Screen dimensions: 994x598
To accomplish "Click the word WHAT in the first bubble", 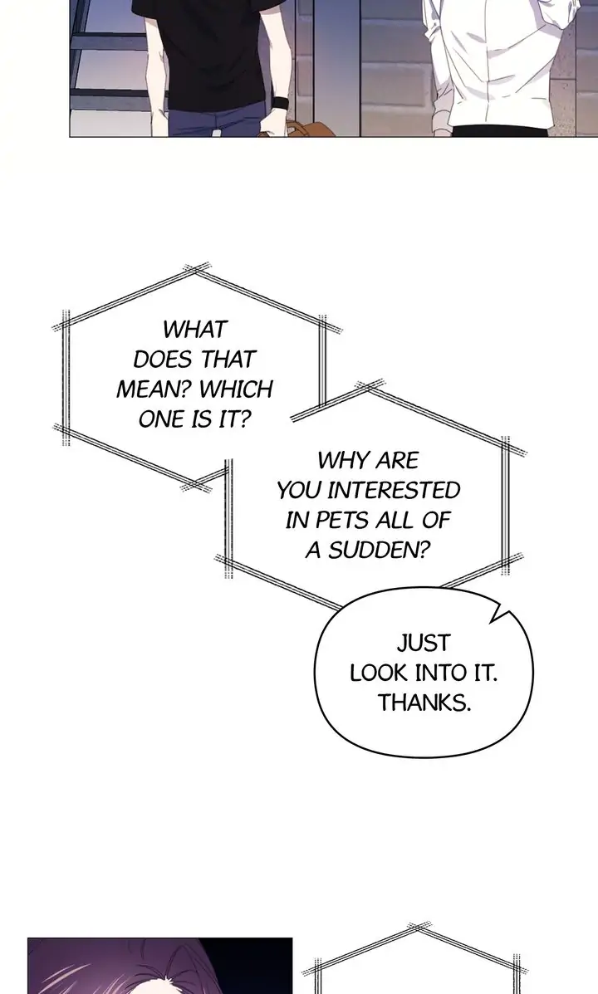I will (194, 330).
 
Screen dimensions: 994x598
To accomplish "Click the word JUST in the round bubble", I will (423, 643).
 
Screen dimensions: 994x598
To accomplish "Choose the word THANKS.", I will (424, 703).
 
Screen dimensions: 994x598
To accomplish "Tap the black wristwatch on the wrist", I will (280, 104).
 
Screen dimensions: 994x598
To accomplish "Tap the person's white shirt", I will (498, 66).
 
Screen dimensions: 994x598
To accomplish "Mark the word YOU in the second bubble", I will (297, 490).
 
